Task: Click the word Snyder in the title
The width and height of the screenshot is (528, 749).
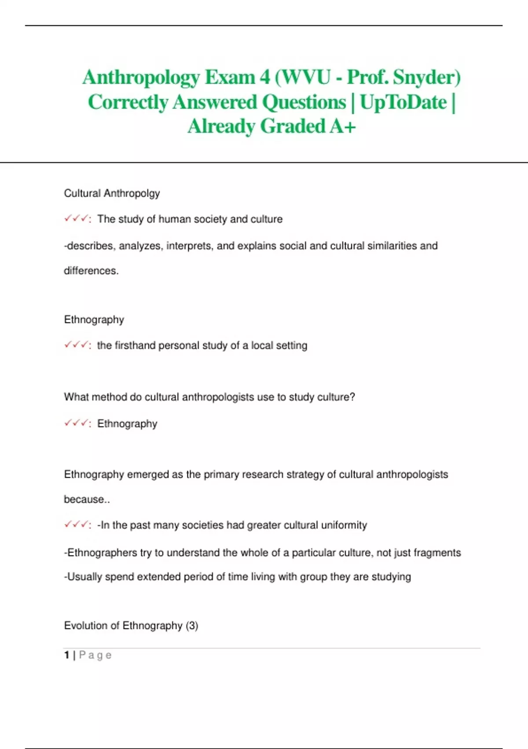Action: (x=426, y=77)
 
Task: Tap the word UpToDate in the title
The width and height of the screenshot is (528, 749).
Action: (x=403, y=102)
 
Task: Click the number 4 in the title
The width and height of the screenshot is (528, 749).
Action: (x=265, y=77)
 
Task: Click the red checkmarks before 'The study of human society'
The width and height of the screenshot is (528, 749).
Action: (x=77, y=219)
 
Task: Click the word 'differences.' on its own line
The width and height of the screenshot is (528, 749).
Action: (x=91, y=271)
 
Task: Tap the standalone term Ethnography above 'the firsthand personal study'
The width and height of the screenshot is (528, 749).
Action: (x=94, y=319)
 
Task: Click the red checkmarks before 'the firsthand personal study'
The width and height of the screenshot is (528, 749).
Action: (x=77, y=345)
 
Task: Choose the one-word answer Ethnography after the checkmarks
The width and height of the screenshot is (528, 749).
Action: (x=127, y=423)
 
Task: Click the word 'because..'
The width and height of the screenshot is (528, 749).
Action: (x=87, y=499)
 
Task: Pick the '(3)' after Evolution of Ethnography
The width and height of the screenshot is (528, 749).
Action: (x=192, y=626)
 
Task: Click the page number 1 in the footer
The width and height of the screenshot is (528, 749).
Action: (x=67, y=655)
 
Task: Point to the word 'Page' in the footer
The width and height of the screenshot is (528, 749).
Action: (x=95, y=655)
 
